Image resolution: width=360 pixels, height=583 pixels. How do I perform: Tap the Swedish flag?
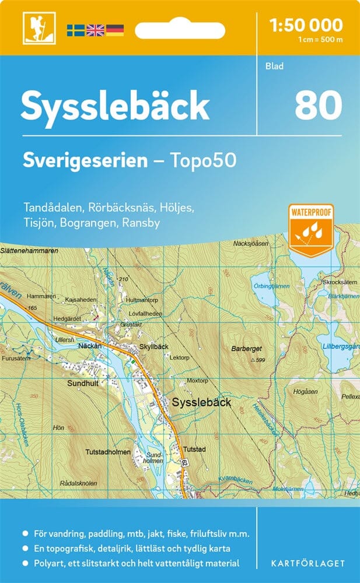[75, 30]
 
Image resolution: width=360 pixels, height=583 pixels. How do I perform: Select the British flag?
[95, 30]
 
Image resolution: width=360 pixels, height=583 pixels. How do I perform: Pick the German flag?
[114, 30]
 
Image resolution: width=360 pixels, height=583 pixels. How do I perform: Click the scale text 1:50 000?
[306, 25]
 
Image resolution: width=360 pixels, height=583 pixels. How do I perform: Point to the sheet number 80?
[318, 106]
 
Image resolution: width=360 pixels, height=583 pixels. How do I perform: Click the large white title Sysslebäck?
[115, 106]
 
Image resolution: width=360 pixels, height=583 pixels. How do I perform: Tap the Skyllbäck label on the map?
[154, 346]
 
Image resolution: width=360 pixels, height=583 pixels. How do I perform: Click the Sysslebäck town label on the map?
[202, 402]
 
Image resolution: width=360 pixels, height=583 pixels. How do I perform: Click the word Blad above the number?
[273, 66]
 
